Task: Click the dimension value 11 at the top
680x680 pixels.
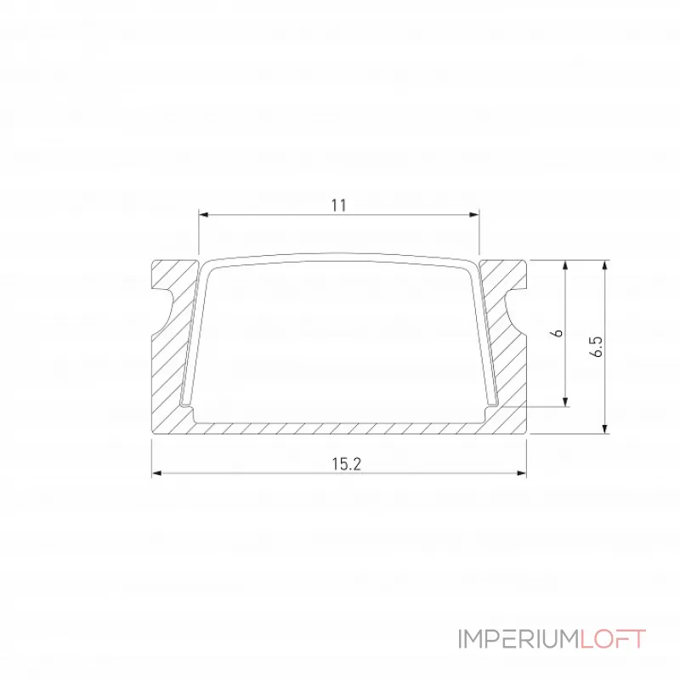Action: click(339, 205)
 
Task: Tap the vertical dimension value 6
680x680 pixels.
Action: click(558, 332)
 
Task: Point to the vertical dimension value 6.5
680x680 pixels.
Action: click(597, 347)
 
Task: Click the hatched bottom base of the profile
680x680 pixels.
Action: click(340, 428)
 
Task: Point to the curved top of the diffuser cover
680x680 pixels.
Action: click(340, 257)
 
